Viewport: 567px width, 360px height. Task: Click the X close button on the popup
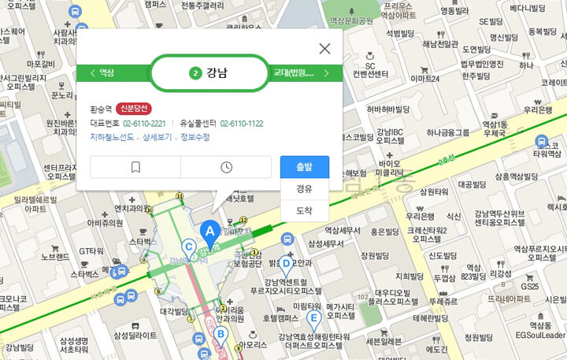[324, 49]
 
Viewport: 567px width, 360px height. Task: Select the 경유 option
[304, 189]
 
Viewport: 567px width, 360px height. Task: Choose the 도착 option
[304, 210]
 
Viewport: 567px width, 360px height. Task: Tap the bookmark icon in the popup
[135, 167]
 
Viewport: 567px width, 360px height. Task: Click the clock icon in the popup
[226, 167]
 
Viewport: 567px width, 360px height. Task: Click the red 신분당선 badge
[133, 109]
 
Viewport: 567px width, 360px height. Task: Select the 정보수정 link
[195, 136]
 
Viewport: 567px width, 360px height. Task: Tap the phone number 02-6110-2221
[144, 123]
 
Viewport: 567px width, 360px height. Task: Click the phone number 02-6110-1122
[241, 123]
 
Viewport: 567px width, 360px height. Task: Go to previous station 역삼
[102, 73]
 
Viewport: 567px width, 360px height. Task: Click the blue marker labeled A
[209, 231]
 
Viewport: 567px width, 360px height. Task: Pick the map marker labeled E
[313, 319]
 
